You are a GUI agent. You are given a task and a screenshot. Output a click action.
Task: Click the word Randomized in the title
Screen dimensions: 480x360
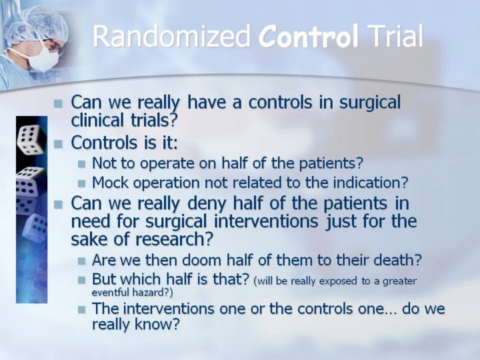click(171, 36)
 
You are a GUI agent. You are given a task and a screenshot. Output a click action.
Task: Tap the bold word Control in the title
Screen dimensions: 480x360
click(308, 36)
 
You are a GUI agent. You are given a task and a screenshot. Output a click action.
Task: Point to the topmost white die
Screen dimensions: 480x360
click(31, 140)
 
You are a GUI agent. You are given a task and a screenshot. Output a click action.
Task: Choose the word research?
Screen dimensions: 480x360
click(174, 239)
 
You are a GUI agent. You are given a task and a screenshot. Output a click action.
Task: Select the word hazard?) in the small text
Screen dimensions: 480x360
click(152, 293)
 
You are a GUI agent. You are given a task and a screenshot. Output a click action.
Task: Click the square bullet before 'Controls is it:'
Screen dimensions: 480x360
click(58, 144)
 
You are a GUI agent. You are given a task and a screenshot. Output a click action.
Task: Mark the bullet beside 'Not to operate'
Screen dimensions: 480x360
click(81, 164)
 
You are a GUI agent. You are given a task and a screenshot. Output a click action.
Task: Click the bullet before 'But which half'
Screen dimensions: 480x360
click(81, 280)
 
